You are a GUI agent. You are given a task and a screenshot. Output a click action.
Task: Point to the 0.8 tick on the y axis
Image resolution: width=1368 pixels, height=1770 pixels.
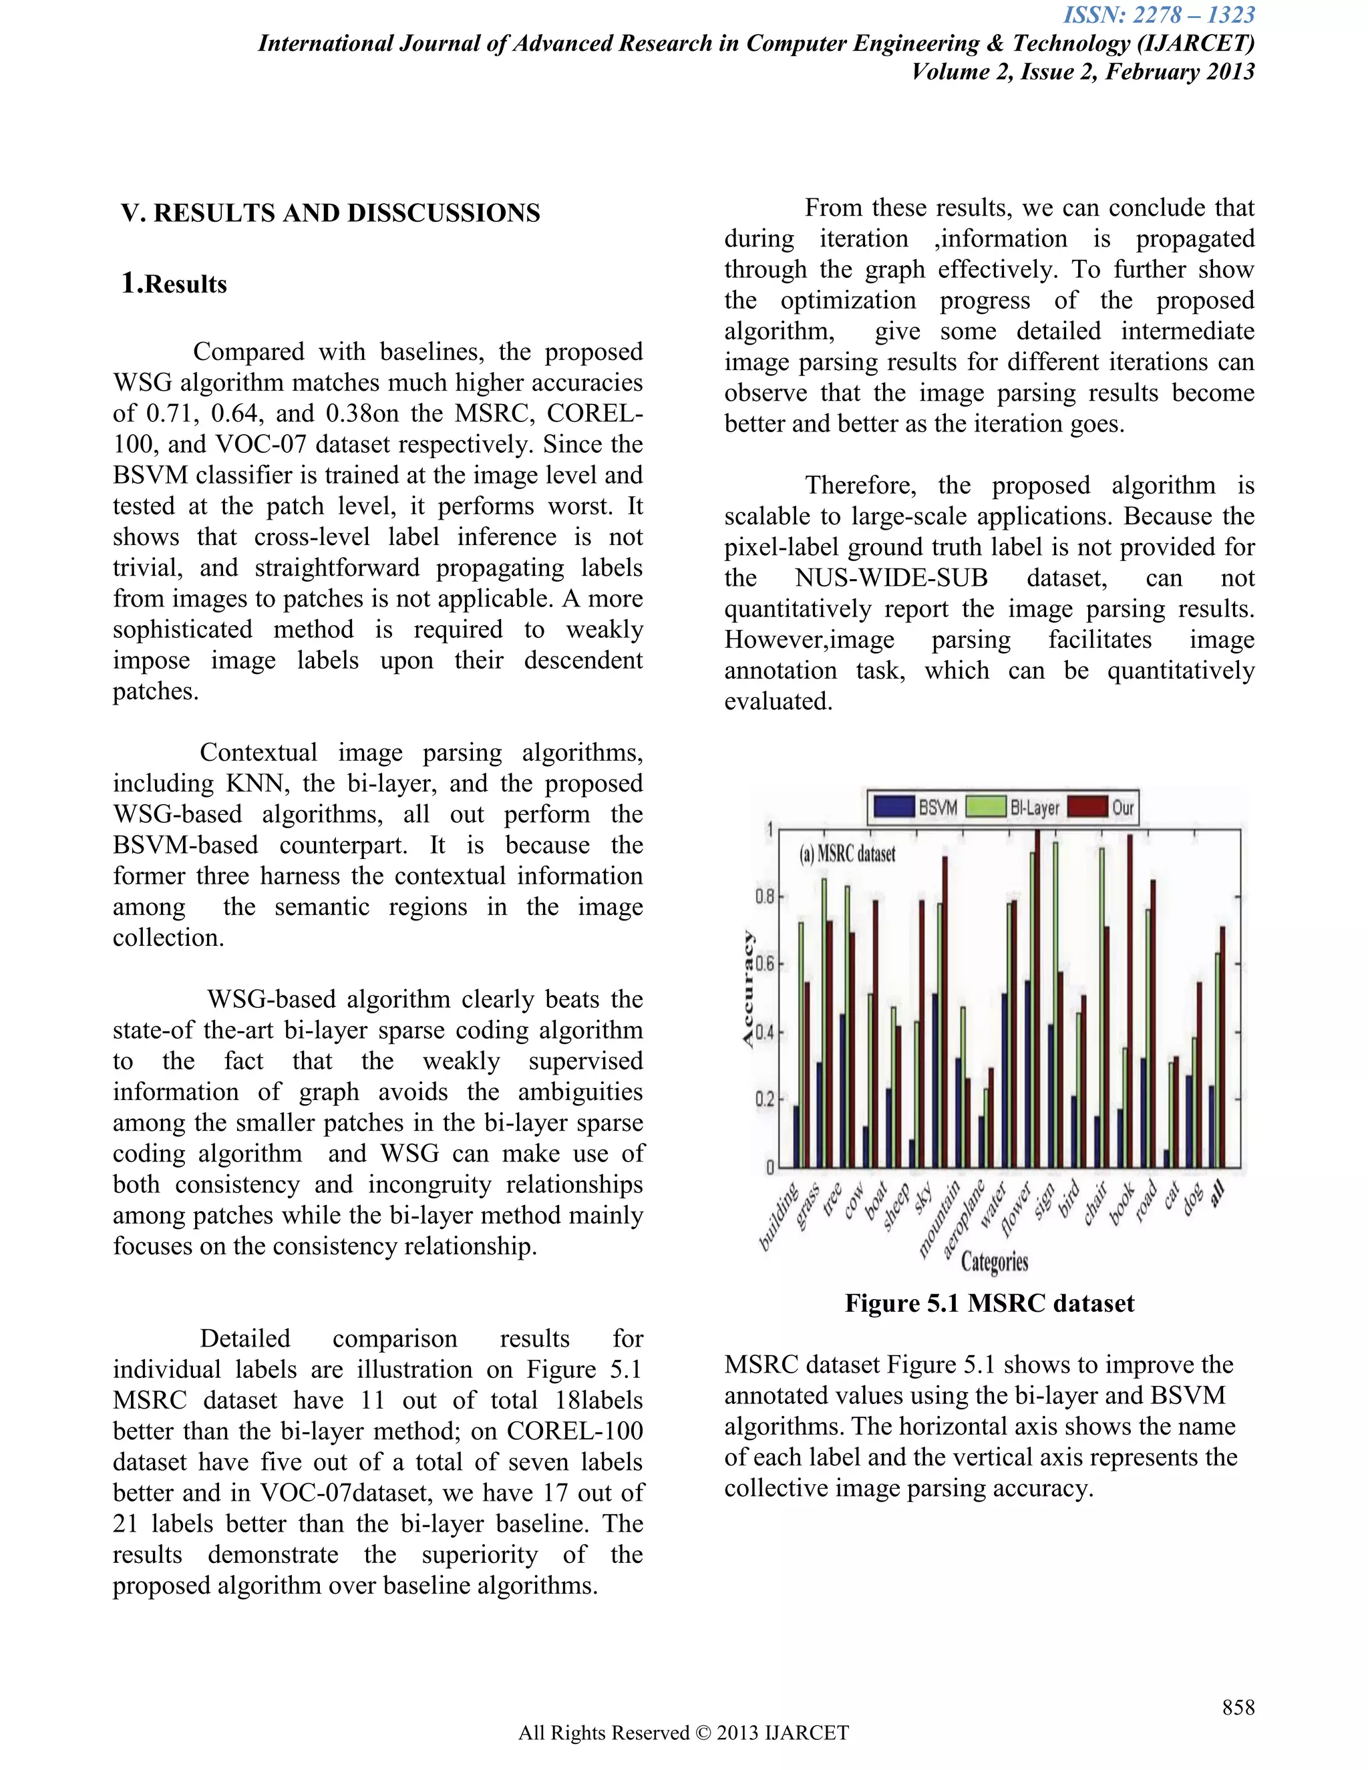764,897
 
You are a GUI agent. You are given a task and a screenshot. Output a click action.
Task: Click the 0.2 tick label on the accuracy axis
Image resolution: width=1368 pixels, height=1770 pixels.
764,1100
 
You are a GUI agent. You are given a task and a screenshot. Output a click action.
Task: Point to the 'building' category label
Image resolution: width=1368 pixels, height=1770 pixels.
778,1218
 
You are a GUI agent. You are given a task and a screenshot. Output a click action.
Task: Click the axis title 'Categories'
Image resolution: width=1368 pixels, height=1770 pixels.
995,1262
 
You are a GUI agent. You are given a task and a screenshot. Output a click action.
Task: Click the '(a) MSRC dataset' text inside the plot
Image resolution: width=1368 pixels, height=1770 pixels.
848,854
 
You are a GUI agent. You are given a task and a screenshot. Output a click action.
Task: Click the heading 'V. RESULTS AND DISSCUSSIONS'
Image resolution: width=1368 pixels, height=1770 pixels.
331,213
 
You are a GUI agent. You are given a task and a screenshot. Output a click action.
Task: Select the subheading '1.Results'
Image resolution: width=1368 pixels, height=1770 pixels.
174,284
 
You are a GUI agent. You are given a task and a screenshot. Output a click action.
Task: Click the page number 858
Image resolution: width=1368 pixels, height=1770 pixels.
1238,1707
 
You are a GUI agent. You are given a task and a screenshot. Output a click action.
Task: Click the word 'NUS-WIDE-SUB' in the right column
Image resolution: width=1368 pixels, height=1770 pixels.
892,578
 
